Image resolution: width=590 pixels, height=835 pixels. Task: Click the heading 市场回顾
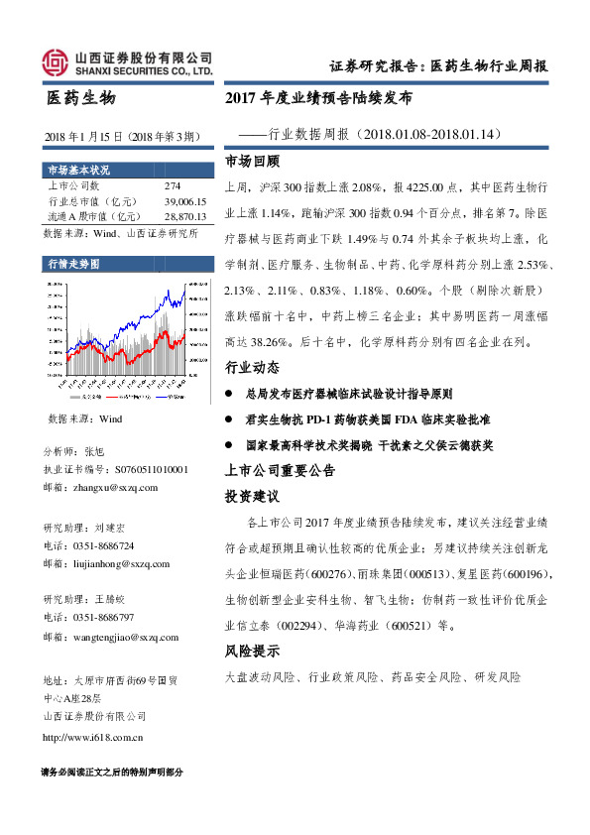(x=253, y=161)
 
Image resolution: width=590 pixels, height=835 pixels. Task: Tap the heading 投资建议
(x=253, y=495)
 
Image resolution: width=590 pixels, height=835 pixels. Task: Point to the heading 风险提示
(x=253, y=652)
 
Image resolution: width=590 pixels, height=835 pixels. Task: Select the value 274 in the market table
(x=172, y=186)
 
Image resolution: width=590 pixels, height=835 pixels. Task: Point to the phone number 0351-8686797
(x=104, y=617)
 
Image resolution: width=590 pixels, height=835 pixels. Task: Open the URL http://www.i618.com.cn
(x=95, y=737)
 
